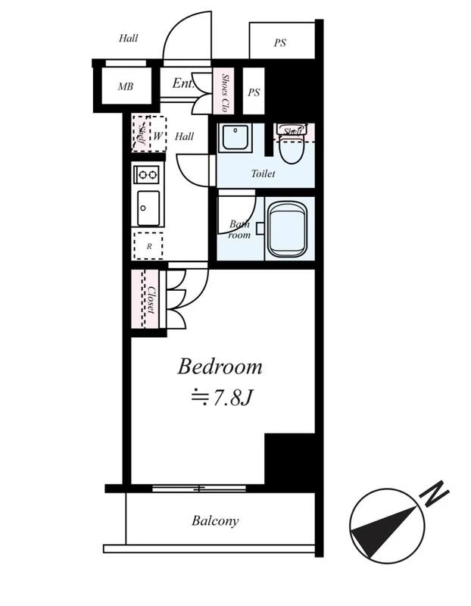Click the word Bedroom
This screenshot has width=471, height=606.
click(x=220, y=367)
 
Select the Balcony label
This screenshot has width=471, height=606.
click(x=215, y=520)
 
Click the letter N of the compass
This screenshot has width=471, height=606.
click(x=435, y=494)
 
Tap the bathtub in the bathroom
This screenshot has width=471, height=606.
click(x=287, y=230)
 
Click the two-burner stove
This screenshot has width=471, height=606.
click(x=146, y=175)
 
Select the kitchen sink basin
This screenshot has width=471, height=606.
click(x=148, y=208)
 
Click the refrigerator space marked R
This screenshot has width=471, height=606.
click(x=148, y=245)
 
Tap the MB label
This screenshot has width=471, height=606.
click(x=126, y=86)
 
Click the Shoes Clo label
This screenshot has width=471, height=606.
click(x=224, y=92)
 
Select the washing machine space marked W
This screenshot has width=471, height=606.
click(x=158, y=134)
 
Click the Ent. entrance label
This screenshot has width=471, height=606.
click(x=182, y=83)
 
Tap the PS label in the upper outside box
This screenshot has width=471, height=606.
click(x=280, y=42)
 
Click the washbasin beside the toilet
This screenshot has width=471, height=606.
click(x=235, y=138)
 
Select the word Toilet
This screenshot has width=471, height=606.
click(x=264, y=173)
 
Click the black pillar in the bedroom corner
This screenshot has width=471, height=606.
click(x=290, y=458)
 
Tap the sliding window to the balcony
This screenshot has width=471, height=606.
click(x=199, y=489)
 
